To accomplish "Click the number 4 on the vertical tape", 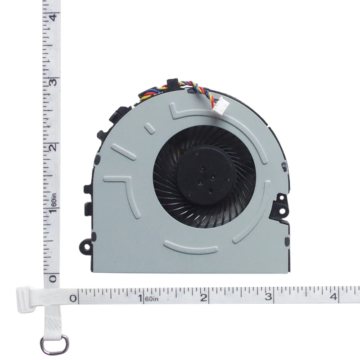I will tap(53, 17).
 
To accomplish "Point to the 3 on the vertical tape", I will tap(53, 82).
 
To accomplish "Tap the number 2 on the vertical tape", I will tap(53, 148).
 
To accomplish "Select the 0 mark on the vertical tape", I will tap(53, 279).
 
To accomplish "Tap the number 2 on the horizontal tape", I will tap(204, 298).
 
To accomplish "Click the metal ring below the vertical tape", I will tap(54, 344).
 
